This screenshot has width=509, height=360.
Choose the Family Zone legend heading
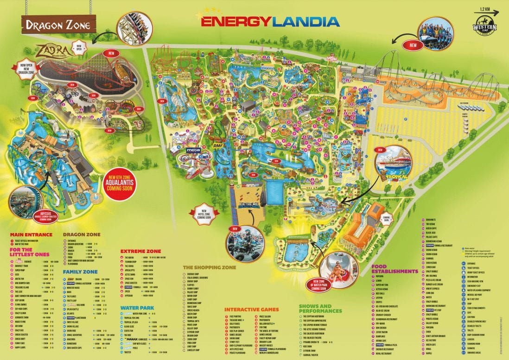pyautogui.click(x=82, y=272)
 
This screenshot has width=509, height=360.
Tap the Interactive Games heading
pyautogui.click(x=252, y=309)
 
